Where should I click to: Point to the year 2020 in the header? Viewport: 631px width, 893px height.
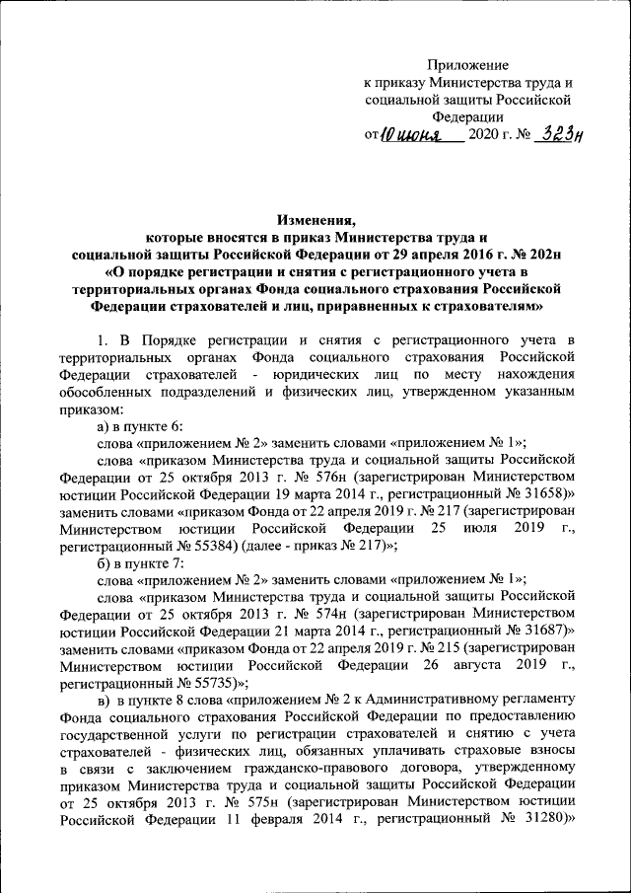(x=485, y=136)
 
